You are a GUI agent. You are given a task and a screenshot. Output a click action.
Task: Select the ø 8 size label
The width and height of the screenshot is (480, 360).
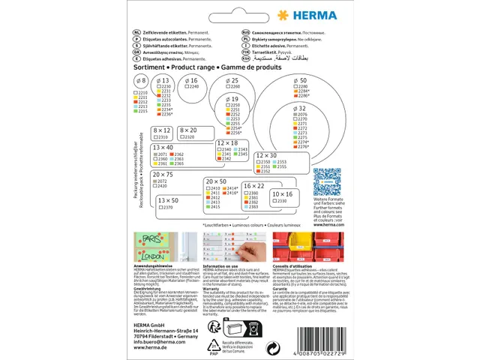(139, 79)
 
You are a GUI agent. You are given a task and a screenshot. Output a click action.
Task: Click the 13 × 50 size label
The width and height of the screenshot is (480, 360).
(168, 200)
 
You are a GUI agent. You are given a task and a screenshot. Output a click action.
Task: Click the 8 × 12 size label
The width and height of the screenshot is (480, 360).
(163, 130)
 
